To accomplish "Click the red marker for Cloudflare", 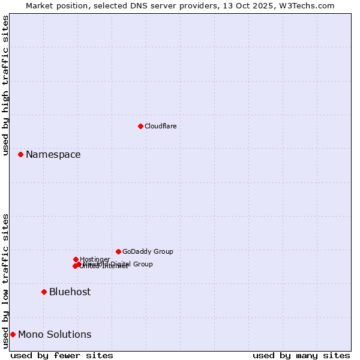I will click(x=140, y=126).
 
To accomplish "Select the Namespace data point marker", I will click(x=20, y=154).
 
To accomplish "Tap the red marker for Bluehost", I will click(x=44, y=292).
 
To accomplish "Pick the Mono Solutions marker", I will click(x=13, y=334).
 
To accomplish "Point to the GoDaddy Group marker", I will click(x=118, y=251).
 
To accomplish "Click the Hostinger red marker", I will click(x=76, y=259).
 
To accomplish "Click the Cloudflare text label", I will click(x=160, y=126).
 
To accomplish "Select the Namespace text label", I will click(x=53, y=154).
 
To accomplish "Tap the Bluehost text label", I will click(x=70, y=292).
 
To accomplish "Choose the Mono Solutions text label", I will click(x=55, y=334).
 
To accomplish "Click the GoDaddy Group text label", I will click(x=148, y=251).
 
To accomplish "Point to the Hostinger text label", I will click(x=95, y=259).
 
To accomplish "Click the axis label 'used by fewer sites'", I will click(x=62, y=355).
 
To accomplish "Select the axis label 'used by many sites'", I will click(x=301, y=355).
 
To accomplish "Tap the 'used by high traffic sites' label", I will click(x=5, y=85).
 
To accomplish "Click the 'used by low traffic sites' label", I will click(x=5, y=281).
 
